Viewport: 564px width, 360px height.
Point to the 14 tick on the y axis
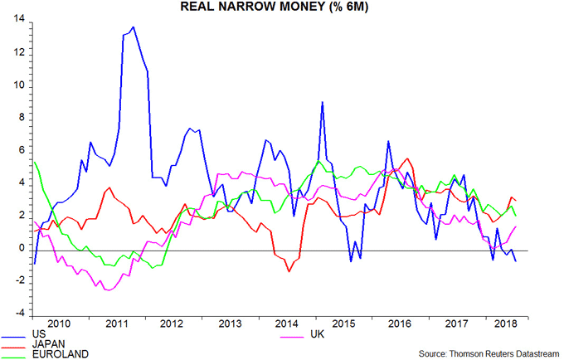coord(17,20)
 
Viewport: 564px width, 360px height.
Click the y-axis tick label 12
coord(17,52)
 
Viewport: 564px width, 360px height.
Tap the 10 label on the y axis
coord(17,85)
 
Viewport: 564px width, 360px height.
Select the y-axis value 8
coord(20,118)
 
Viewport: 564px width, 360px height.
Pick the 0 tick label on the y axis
coord(20,248)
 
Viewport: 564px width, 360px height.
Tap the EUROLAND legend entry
coord(58,353)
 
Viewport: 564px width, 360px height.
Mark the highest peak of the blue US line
coord(133,27)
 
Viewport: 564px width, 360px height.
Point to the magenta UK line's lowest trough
coord(106,289)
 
